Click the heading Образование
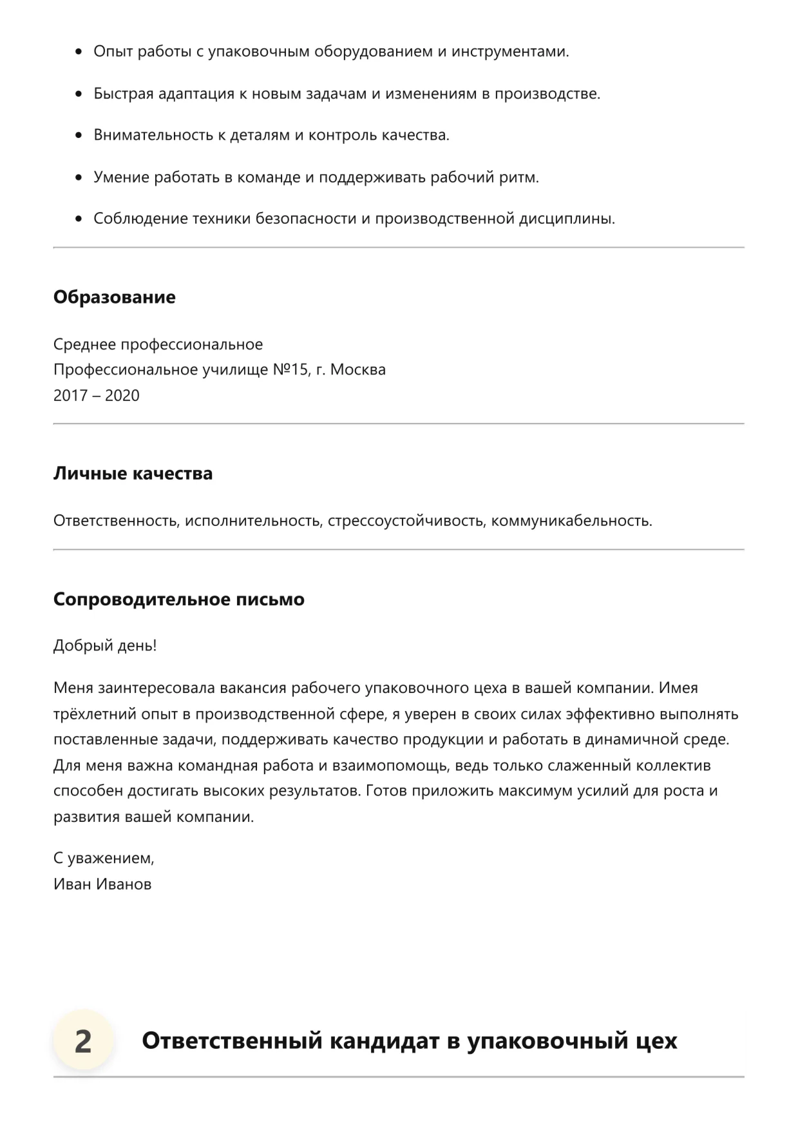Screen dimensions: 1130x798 (x=114, y=297)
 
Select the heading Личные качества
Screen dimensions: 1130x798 (x=133, y=474)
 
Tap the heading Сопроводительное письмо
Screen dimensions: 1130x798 (x=178, y=599)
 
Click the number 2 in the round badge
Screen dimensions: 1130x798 (x=83, y=1041)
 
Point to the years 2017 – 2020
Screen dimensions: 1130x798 (x=96, y=395)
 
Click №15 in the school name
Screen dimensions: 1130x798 (x=290, y=369)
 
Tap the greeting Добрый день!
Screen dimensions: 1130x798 (x=105, y=645)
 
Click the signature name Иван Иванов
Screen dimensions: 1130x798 (x=102, y=884)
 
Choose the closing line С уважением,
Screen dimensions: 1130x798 (x=104, y=858)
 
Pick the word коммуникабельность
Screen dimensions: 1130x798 (x=571, y=520)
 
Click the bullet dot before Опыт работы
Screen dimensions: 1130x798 (x=79, y=52)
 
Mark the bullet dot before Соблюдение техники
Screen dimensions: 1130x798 (x=79, y=219)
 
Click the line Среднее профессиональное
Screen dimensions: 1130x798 (x=158, y=344)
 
